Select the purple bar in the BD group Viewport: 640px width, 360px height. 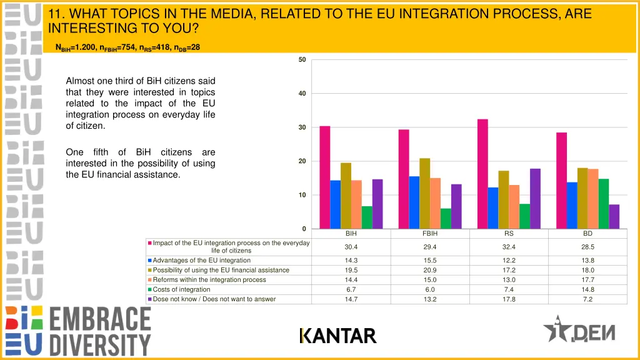(x=614, y=216)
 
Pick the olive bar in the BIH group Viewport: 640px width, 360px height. (x=346, y=196)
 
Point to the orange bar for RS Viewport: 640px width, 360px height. (x=514, y=207)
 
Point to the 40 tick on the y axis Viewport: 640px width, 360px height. (x=302, y=94)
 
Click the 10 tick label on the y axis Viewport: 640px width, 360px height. (x=302, y=195)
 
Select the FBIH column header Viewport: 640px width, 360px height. (x=430, y=233)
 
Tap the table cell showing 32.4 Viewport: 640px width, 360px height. (x=509, y=247)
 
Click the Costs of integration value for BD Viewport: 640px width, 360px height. (x=587, y=289)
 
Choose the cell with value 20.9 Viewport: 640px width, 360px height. (x=430, y=270)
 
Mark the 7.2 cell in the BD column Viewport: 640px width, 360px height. (x=587, y=299)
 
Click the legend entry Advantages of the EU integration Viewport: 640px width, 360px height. (x=201, y=261)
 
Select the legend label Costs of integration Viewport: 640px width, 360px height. (x=181, y=289)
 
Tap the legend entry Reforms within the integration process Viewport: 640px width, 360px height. (x=209, y=280)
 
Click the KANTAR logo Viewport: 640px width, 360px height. (x=337, y=336)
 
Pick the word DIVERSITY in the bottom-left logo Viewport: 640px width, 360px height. (x=100, y=344)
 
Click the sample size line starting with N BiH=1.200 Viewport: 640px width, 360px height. (x=127, y=47)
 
